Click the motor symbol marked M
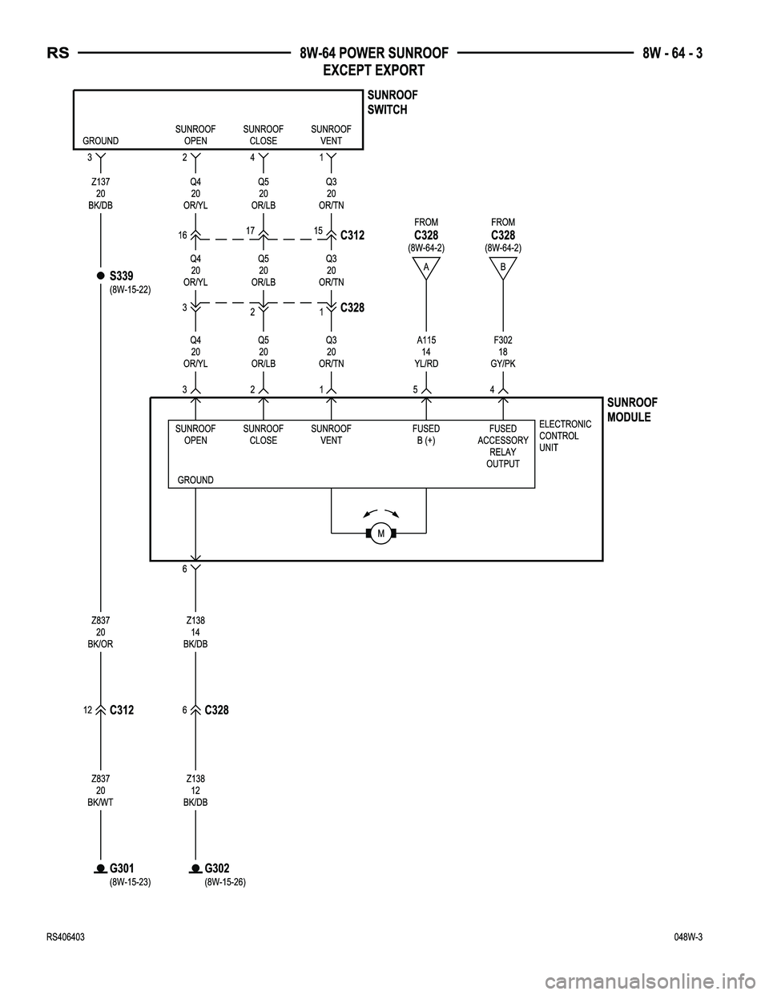[x=381, y=534]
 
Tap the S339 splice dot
[x=101, y=276]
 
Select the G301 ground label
[x=122, y=869]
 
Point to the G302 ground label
[x=216, y=869]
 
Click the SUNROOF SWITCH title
[x=392, y=103]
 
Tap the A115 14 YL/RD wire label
[x=426, y=352]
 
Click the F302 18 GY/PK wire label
[x=502, y=352]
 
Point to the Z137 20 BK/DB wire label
[x=100, y=193]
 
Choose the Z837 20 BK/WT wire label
[x=100, y=790]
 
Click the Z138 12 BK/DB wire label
[x=195, y=790]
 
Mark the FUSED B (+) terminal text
[x=426, y=434]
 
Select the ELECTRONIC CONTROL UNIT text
[x=566, y=436]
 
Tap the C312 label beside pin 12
[x=122, y=710]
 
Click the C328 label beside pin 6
[x=216, y=710]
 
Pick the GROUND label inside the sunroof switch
[x=100, y=141]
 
